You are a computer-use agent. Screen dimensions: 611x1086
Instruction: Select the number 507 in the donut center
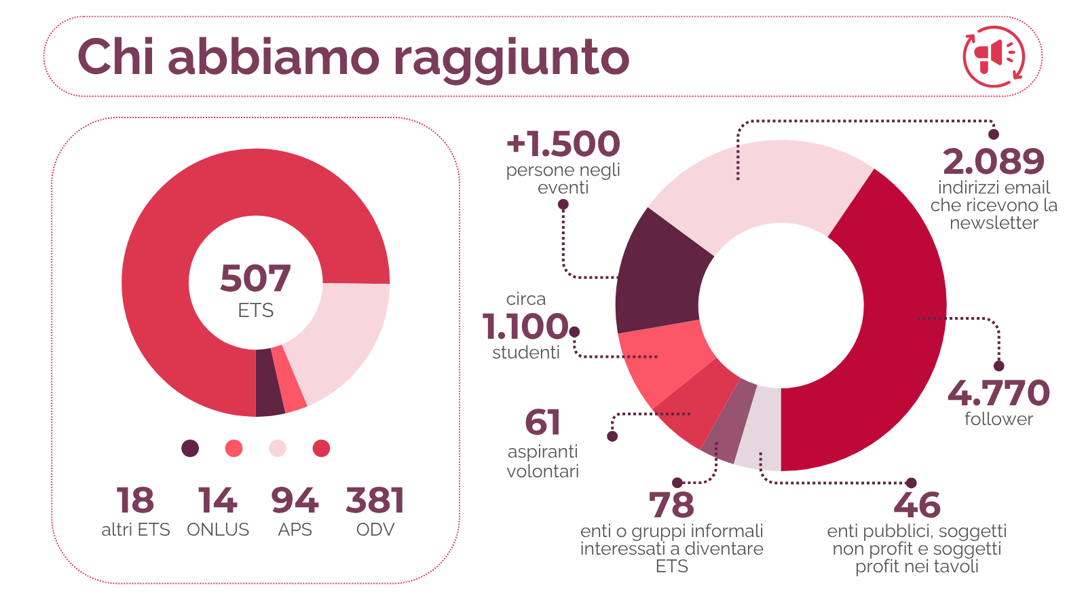coord(255,278)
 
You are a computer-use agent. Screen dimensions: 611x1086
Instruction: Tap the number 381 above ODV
coord(375,501)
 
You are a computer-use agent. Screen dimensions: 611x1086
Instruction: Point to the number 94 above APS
coord(295,501)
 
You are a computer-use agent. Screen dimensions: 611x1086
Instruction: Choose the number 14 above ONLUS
coord(217,501)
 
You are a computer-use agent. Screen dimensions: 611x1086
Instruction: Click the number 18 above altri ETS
coord(135,501)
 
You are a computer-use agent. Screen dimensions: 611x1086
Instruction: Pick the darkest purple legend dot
coord(190,448)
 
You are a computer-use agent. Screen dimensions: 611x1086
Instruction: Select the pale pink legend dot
coord(278,448)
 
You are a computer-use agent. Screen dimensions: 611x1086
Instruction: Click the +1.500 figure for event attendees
coord(563,144)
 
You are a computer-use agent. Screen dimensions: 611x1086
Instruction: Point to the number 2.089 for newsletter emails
coord(994,162)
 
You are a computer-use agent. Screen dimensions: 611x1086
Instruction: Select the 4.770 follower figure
coord(998,393)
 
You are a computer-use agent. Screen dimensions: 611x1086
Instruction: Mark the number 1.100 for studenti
coord(525,327)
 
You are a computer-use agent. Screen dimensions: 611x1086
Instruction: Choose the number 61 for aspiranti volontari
coord(542,422)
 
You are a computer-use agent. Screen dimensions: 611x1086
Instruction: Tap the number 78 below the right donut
coord(671,505)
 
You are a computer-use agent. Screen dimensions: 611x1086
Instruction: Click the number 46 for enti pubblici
coord(917,505)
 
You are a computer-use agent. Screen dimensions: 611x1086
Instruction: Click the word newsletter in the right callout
coord(994,223)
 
